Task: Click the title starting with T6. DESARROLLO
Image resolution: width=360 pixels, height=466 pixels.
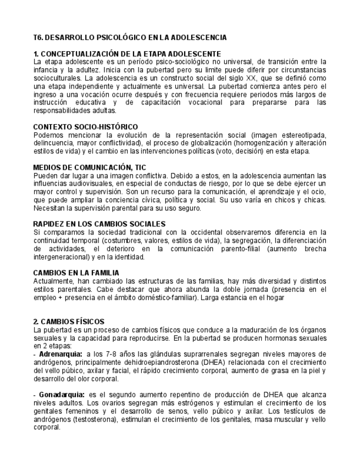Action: [x=130, y=38]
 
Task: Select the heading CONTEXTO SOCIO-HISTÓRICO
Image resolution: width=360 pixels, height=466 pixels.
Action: [x=85, y=127]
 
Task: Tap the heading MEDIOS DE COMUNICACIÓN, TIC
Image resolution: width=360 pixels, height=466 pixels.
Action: [x=89, y=168]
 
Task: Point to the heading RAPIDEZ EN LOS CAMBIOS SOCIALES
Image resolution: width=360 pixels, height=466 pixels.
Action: [x=99, y=224]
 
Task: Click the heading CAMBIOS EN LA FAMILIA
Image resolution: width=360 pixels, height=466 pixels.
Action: [x=76, y=273]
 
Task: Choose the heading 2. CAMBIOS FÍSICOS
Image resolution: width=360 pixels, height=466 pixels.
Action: [x=69, y=321]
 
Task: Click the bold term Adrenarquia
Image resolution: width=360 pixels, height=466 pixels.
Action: [x=61, y=354]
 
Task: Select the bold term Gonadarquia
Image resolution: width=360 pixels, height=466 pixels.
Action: [x=62, y=395]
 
